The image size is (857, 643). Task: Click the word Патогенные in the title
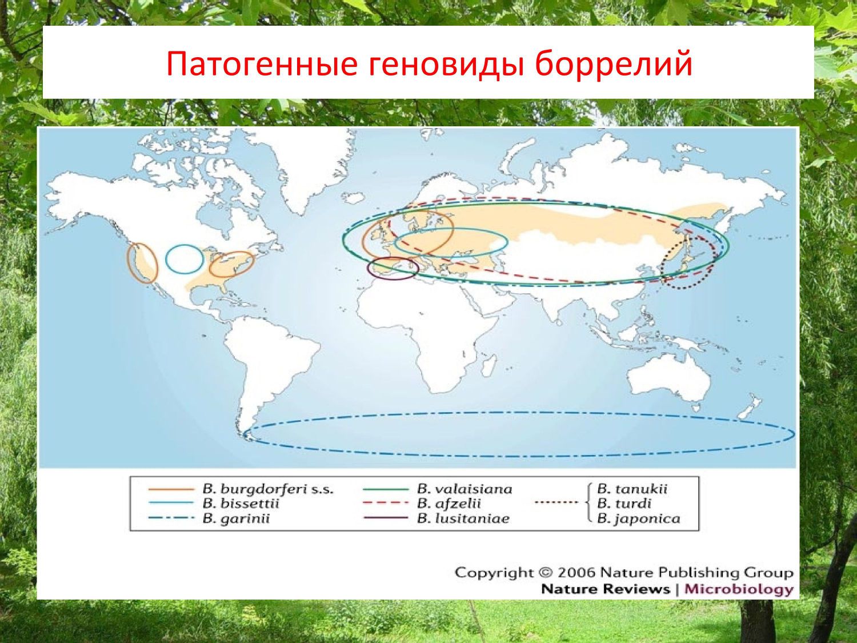[x=262, y=64]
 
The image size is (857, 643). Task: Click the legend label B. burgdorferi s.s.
[x=268, y=489]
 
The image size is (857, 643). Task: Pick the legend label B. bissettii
[x=241, y=504]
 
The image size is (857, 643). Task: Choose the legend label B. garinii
[x=236, y=519]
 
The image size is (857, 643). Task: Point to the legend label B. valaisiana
[x=464, y=489]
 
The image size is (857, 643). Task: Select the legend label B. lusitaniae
[x=463, y=519]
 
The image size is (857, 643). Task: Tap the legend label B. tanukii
[x=632, y=489]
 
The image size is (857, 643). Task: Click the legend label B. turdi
[x=624, y=504]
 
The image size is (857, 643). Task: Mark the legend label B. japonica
[x=638, y=519]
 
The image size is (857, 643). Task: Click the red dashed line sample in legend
[x=385, y=503]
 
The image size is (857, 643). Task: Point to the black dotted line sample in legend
[x=556, y=502]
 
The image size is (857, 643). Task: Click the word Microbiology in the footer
[x=739, y=589]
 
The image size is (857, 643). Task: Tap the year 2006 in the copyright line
[x=576, y=573]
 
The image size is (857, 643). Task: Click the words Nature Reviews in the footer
[x=605, y=589]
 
